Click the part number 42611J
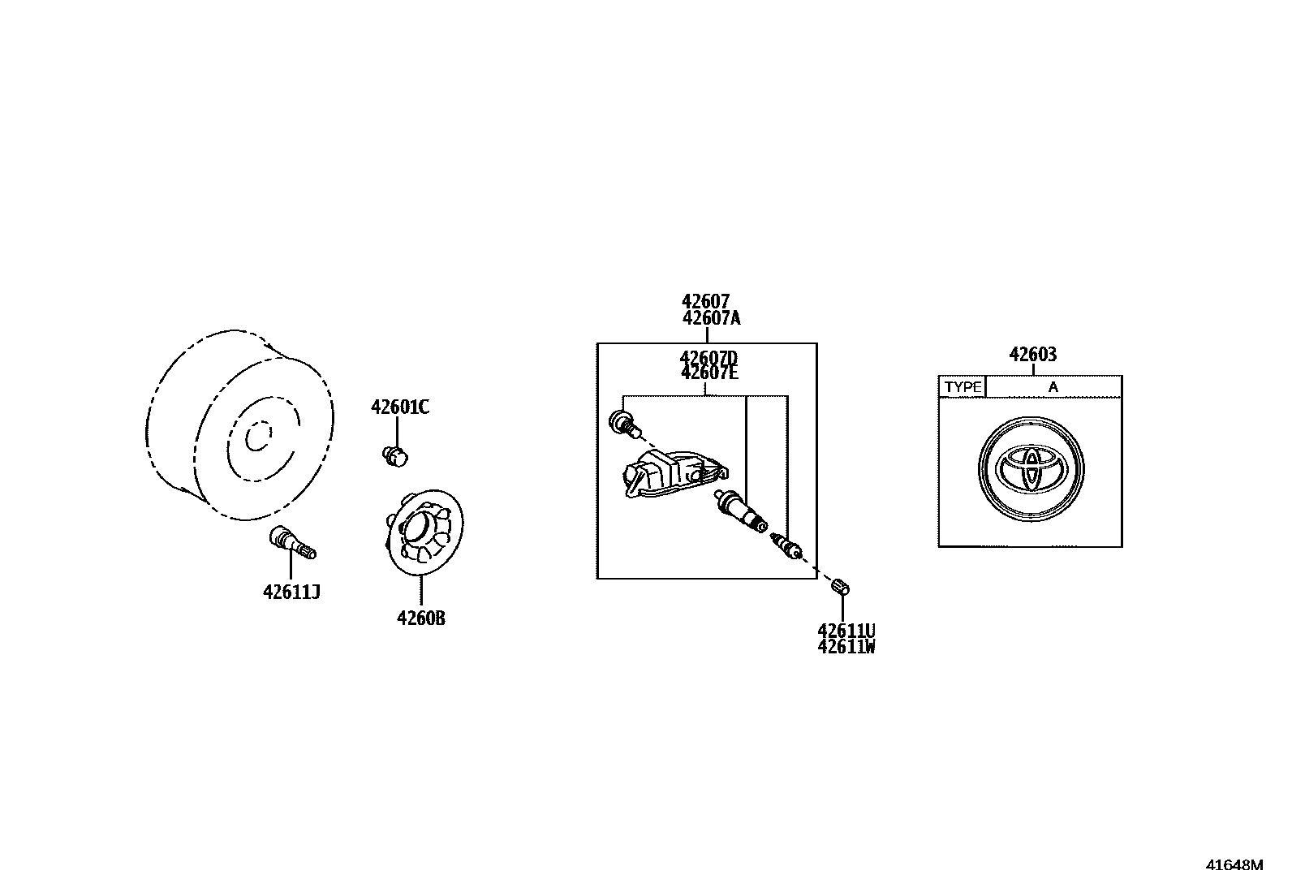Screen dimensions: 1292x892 tap(291, 593)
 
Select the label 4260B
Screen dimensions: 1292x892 tap(421, 618)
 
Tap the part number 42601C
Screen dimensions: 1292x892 tap(400, 407)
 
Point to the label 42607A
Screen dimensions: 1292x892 tap(712, 318)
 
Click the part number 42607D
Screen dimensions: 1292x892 tap(708, 358)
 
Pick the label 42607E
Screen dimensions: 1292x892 tap(708, 373)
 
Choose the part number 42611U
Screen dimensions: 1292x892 tap(846, 631)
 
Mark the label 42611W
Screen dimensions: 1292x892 tap(846, 646)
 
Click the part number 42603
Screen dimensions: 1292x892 tap(1033, 355)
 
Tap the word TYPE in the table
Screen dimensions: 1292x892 tap(963, 387)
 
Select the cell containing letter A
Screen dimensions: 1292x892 tap(1053, 387)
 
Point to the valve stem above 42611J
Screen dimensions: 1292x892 tap(291, 542)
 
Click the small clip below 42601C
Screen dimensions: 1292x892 tap(394, 456)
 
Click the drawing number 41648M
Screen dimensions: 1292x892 tap(1234, 865)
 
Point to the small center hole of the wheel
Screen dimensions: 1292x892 tap(257, 437)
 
